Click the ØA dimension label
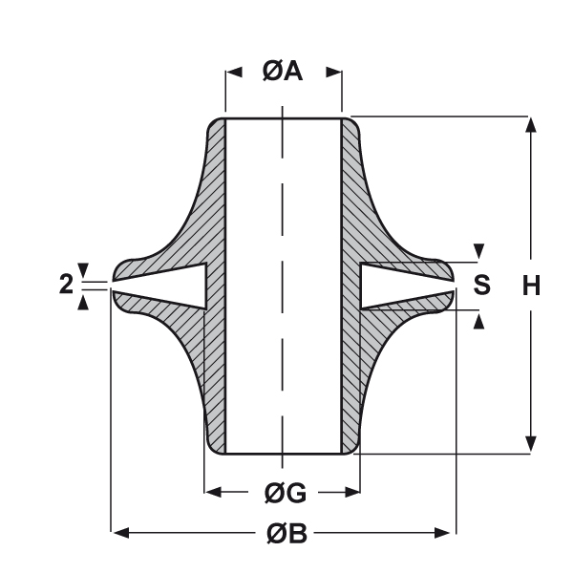(x=283, y=72)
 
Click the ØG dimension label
(x=284, y=493)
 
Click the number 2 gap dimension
(x=65, y=284)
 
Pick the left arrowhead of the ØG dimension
(x=215, y=492)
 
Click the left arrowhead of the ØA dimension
(x=232, y=72)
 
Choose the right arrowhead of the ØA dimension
(x=333, y=72)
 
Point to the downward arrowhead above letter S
(x=479, y=251)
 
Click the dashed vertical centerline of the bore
(x=283, y=286)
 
